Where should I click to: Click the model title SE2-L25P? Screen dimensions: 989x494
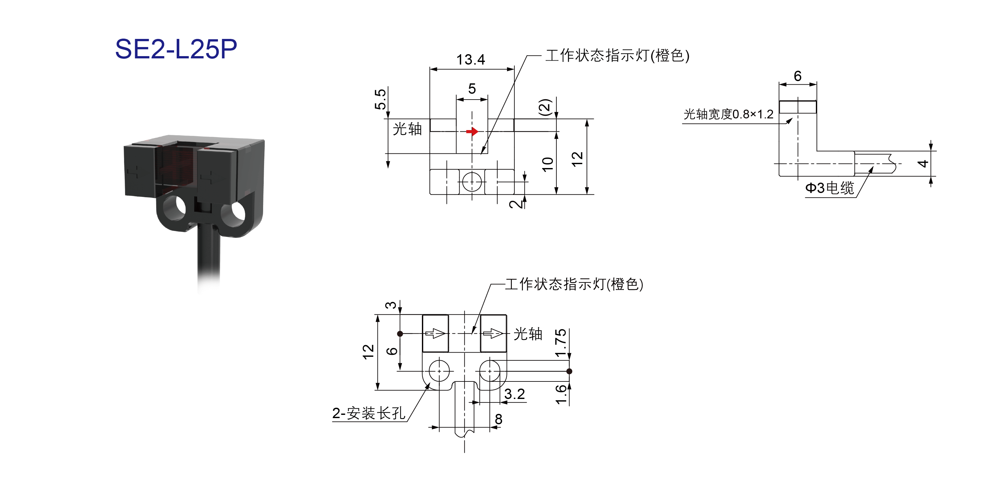[176, 49]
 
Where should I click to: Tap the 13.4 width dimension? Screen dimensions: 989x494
[471, 60]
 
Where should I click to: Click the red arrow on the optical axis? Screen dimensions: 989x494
[472, 132]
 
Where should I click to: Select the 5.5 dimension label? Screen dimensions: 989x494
[380, 99]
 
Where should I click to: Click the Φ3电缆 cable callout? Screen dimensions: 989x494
[830, 188]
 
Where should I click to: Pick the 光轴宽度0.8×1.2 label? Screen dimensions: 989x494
[728, 114]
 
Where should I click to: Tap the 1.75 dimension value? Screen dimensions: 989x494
[561, 343]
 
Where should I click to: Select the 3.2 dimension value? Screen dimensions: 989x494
[514, 394]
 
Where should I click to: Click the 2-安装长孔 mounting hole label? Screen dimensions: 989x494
[369, 413]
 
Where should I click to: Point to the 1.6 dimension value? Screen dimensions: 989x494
[561, 394]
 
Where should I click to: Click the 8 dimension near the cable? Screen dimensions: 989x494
[498, 419]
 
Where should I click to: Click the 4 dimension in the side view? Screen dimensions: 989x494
[923, 164]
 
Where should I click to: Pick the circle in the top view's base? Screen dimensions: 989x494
[472, 181]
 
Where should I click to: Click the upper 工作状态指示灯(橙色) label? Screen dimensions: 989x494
[617, 55]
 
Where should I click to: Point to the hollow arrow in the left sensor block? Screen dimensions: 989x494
[435, 333]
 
